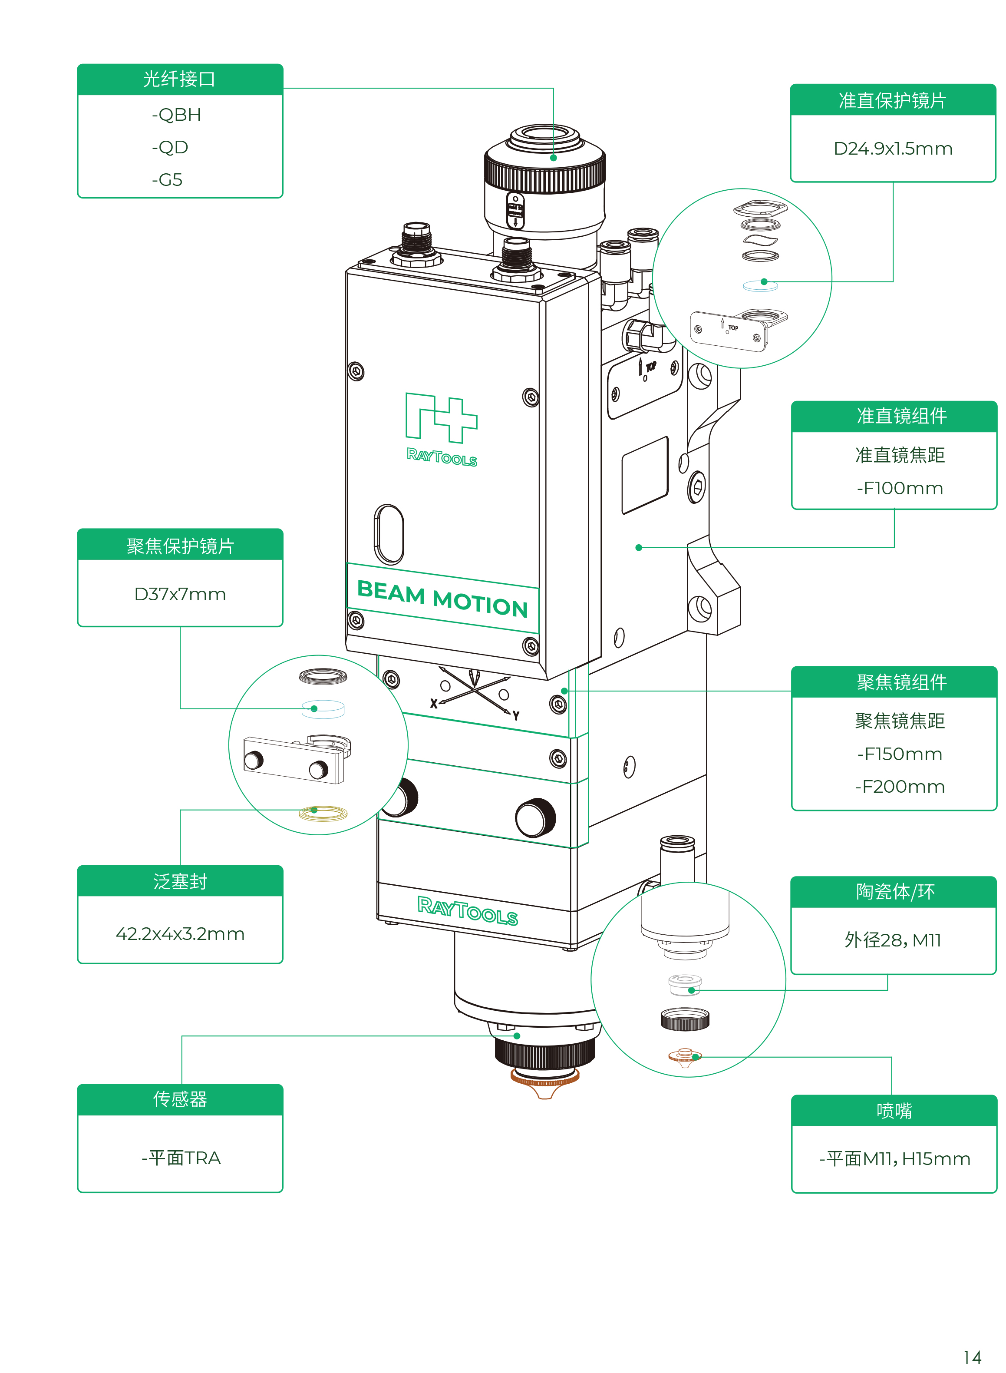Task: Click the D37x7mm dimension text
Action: click(180, 595)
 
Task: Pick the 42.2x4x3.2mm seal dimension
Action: click(180, 934)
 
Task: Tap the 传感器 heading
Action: click(180, 1099)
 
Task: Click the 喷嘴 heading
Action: click(894, 1111)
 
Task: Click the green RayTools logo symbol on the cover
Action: click(442, 418)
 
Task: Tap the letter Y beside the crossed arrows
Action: click(516, 716)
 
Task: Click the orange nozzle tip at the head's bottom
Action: click(544, 1085)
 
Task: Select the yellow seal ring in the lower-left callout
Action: click(323, 813)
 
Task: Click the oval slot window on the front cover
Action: click(389, 534)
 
